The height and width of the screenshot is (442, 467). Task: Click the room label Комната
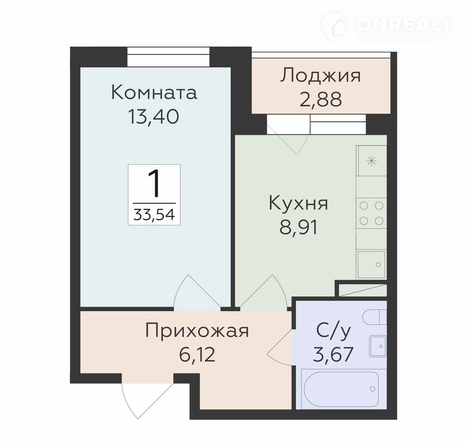pos(154,92)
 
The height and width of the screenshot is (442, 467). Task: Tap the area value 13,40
pos(153,117)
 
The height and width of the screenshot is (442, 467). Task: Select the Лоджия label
pos(320,76)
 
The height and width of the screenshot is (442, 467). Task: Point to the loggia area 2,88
pos(321,99)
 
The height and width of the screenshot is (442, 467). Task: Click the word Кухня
pos(298,204)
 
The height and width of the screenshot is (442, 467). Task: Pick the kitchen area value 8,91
pos(298,227)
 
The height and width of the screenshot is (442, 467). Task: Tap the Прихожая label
pos(197,330)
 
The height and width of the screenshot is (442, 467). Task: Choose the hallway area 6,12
pos(197,355)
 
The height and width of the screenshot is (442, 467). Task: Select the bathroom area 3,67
pos(333,354)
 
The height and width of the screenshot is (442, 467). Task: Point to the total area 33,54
pos(154,214)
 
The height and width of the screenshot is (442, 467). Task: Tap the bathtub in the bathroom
pos(341,389)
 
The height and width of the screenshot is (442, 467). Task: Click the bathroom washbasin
pos(378,346)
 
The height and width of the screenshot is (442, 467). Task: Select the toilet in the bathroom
pos(375,317)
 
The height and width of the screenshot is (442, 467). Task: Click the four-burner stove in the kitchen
pos(371,213)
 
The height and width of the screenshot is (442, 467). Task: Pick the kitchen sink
pos(371,264)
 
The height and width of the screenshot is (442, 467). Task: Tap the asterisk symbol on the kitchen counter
pos(371,162)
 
